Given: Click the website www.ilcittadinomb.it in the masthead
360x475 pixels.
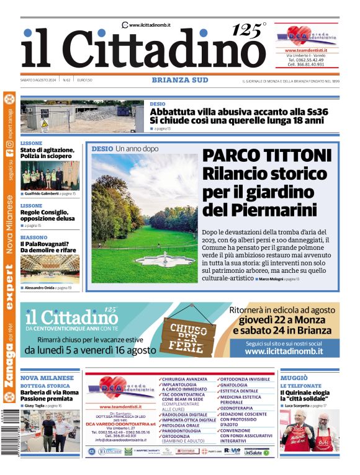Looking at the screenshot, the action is coord(150,25).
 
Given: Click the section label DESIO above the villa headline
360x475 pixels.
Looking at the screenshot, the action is coord(158,104).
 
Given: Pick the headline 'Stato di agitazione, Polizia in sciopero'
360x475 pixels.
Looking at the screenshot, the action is coord(47,153).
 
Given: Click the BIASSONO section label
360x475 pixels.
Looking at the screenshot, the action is coord(34,237).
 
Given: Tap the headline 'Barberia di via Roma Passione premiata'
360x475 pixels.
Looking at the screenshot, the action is coord(49,396).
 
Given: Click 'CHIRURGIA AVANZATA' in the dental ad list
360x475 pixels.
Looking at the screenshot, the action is coord(185,379).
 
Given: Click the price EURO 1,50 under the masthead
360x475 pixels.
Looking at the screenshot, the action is coord(85,80).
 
